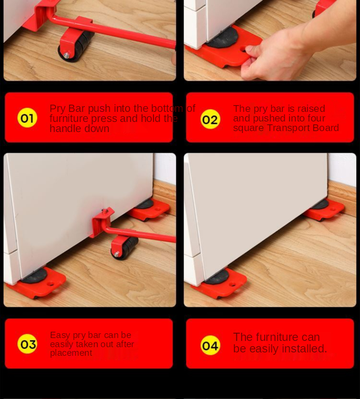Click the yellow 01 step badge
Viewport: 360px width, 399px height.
(27, 118)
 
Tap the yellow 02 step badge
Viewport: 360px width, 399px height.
(210, 119)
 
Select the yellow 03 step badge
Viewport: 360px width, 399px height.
(27, 344)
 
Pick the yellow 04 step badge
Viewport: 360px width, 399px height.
(210, 345)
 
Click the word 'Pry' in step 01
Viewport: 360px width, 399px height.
(57, 109)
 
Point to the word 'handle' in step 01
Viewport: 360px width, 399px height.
(65, 129)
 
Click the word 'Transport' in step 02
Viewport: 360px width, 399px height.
(289, 128)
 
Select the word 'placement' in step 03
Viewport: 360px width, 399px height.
(71, 353)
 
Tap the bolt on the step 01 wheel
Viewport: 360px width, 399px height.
(66, 55)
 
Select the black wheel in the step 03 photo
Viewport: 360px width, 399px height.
(125, 248)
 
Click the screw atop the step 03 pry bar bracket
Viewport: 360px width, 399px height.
(104, 211)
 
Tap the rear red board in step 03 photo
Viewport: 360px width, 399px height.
(149, 209)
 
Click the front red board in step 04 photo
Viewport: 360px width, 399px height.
(219, 283)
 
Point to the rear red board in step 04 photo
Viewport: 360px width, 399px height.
(324, 210)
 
